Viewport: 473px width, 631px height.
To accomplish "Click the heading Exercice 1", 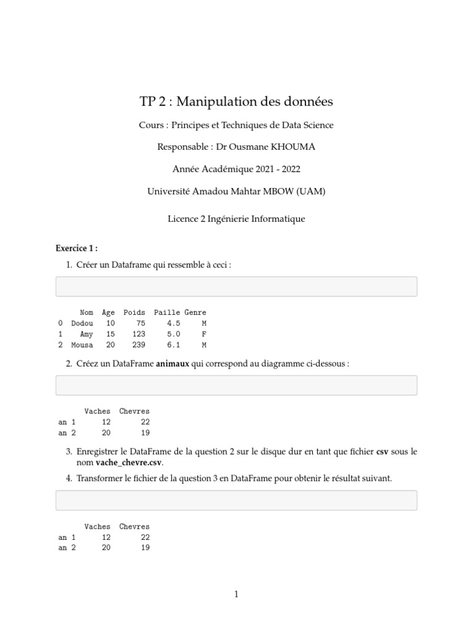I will (76, 248).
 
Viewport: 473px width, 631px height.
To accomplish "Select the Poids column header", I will (134, 313).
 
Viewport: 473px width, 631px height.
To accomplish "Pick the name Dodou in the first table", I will (82, 324).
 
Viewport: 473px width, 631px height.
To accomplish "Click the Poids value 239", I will (139, 345).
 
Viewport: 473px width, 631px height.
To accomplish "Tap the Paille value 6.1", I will (173, 345).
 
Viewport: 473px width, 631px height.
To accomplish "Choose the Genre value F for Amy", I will (204, 334).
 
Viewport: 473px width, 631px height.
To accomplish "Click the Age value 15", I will (110, 334).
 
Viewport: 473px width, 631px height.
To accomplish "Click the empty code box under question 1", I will (236, 287).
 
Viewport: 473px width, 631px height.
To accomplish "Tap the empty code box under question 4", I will (236, 500).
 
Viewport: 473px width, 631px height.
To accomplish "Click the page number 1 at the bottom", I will (236, 594).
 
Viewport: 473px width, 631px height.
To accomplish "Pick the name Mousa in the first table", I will (82, 345).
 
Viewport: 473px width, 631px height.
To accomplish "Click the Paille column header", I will (167, 313).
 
